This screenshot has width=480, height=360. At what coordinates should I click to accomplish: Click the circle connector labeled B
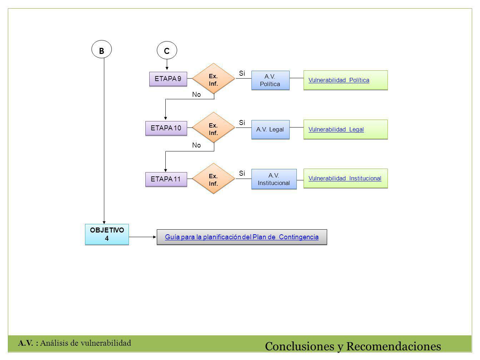tap(101, 49)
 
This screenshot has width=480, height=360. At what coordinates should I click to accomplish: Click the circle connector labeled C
tap(167, 50)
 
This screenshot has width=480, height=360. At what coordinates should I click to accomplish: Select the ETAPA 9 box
tap(168, 79)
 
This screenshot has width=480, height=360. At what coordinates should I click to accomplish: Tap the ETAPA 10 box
tap(166, 128)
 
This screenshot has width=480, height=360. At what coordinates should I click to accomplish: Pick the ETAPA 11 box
tap(166, 179)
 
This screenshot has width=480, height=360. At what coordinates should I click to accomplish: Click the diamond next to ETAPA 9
tap(214, 78)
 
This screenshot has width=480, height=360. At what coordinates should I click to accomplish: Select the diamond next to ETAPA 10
tap(214, 127)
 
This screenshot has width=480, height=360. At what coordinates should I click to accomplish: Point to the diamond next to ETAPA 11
tap(214, 178)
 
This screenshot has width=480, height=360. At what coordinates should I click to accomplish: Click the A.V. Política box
tap(270, 80)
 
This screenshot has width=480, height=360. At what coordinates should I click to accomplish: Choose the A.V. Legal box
tap(270, 129)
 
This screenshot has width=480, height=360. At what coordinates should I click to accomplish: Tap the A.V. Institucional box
tap(274, 179)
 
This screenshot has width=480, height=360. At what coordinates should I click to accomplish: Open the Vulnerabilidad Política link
tap(339, 80)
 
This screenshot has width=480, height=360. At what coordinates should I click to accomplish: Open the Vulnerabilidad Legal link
tap(336, 129)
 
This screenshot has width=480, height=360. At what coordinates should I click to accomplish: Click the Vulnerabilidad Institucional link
tap(345, 178)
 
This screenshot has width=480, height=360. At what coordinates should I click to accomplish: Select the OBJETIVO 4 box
tap(107, 234)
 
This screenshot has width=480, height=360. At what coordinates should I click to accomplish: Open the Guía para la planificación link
tap(242, 237)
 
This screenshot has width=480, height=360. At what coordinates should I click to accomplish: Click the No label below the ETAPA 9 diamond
tap(196, 94)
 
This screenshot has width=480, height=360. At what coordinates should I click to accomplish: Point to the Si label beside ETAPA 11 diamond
tap(242, 173)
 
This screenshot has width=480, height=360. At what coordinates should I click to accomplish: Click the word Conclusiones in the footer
tap(299, 346)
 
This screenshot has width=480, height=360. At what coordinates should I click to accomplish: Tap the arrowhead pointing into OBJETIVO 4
tap(104, 222)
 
